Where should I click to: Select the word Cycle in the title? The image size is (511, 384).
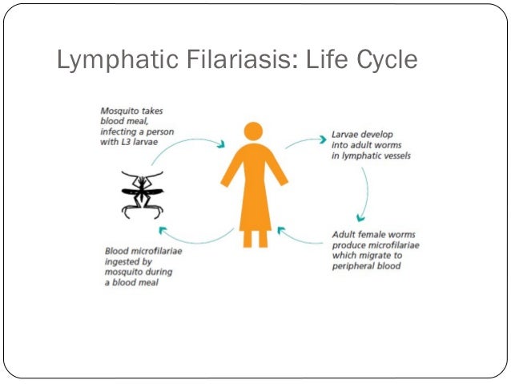click(385, 60)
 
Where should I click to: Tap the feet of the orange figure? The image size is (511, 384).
click(254, 239)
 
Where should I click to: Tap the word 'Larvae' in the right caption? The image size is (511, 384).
click(346, 135)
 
